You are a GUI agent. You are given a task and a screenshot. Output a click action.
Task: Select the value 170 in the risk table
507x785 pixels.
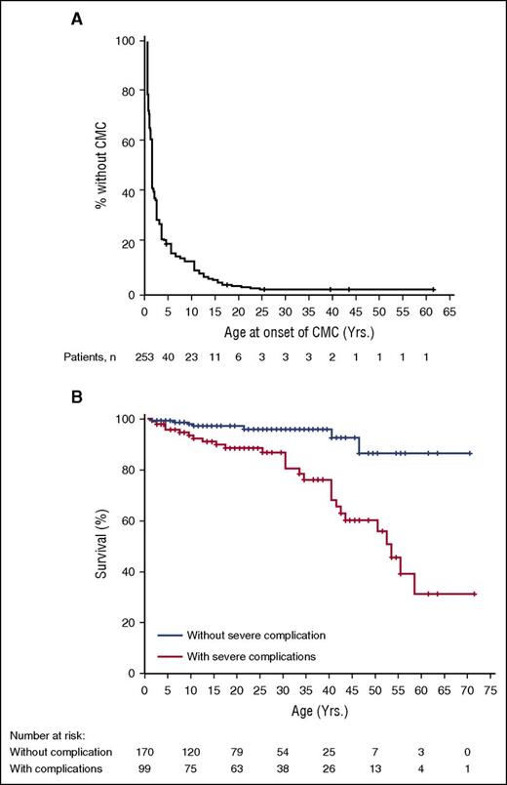148,752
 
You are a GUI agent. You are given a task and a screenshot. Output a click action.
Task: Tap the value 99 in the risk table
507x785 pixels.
148,769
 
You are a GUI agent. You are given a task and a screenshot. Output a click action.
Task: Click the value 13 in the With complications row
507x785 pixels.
381,769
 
